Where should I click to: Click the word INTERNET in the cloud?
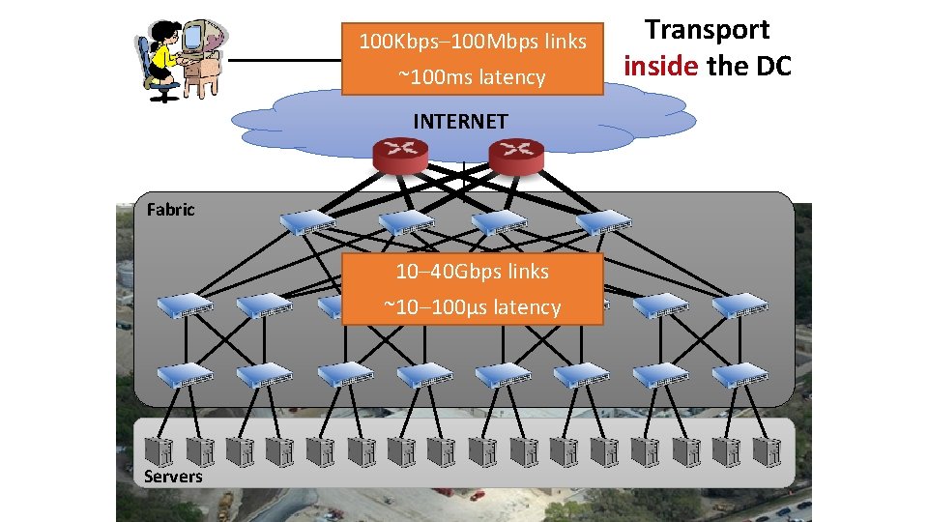point(460,122)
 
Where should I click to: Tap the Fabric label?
point(170,210)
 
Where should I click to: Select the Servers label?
point(173,476)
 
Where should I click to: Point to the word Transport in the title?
point(708,30)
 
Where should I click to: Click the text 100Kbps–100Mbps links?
point(473,42)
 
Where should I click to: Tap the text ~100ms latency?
point(473,77)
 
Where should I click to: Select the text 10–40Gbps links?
point(473,272)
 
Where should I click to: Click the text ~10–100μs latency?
point(473,307)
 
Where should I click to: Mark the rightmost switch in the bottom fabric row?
point(739,376)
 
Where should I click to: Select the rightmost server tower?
point(768,451)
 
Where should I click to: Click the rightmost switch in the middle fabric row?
point(739,305)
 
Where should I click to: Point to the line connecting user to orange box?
point(285,60)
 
